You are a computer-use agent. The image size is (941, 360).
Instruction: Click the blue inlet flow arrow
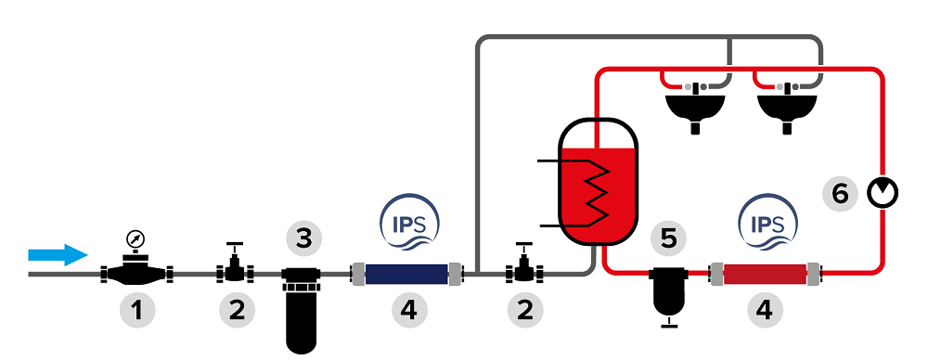tap(58, 255)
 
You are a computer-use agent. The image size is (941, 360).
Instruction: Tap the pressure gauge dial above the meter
tap(136, 240)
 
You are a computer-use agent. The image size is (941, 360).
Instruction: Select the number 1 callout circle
tap(137, 311)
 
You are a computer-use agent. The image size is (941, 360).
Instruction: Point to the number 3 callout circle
tap(304, 238)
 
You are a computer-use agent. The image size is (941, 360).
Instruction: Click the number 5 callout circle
tap(668, 238)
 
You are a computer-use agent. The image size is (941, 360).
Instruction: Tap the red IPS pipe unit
tap(766, 274)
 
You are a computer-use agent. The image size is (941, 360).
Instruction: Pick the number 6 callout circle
tap(840, 194)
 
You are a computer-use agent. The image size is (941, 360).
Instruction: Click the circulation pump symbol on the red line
tap(883, 193)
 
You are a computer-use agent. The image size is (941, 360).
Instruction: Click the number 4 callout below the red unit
tap(765, 311)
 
